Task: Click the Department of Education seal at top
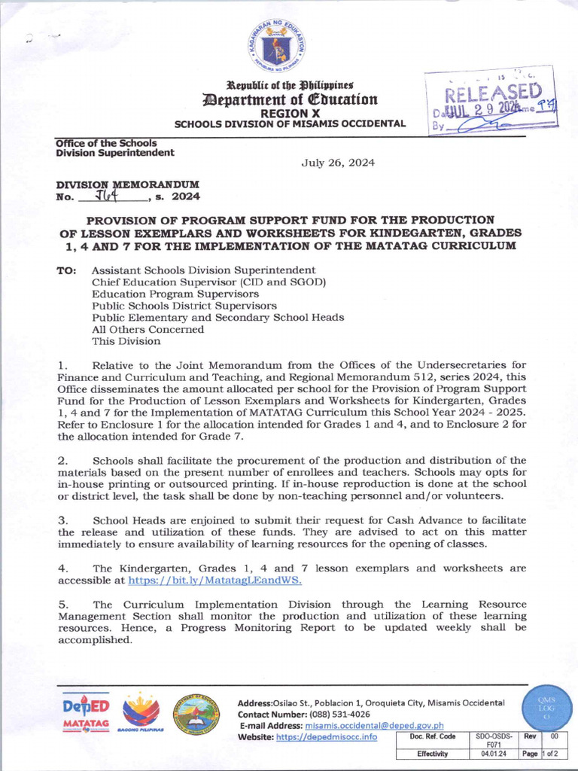point(279,47)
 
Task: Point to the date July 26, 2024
point(338,163)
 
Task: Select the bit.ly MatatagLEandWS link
point(215,581)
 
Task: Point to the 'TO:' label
point(66,270)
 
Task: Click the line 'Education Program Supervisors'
point(175,294)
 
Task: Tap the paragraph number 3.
point(63,520)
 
